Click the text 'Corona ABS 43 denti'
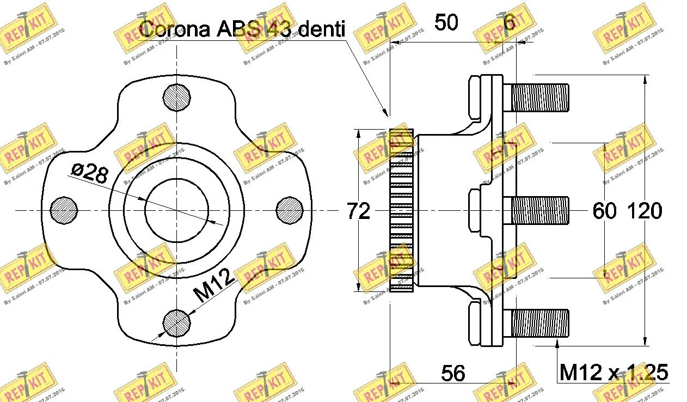[242, 29]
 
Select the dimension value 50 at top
[446, 23]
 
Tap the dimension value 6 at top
[509, 23]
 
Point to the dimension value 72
[358, 211]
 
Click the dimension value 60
[604, 211]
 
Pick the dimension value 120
[645, 211]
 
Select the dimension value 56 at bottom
[453, 373]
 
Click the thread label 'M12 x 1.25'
[613, 373]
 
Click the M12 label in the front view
[214, 285]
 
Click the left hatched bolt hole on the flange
[64, 210]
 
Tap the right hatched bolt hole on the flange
[290, 210]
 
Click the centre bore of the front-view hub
[177, 210]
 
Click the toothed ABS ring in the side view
[401, 210]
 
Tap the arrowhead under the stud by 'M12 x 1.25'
[557, 343]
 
